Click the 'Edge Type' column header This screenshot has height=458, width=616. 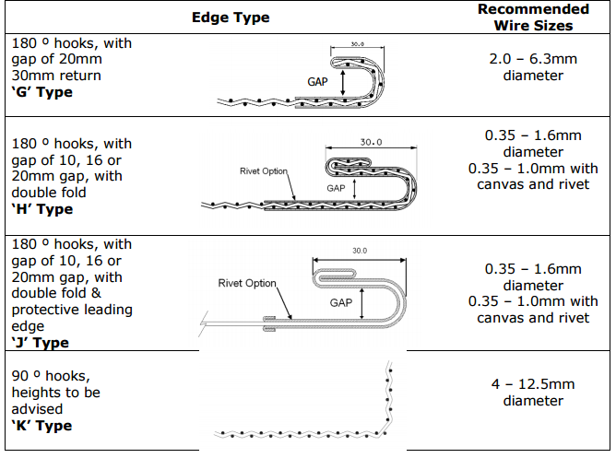pyautogui.click(x=231, y=18)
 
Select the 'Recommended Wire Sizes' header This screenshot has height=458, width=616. pyautogui.click(x=533, y=18)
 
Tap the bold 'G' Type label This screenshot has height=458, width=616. pyautogui.click(x=42, y=92)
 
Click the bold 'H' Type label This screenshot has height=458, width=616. pyautogui.click(x=42, y=209)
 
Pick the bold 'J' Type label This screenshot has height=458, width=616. pyautogui.click(x=40, y=343)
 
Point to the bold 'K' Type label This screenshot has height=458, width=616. pyautogui.click(x=41, y=426)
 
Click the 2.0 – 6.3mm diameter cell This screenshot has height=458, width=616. pyautogui.click(x=533, y=67)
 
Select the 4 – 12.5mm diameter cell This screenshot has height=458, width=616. pyautogui.click(x=533, y=392)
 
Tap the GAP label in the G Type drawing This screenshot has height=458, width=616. pyautogui.click(x=317, y=82)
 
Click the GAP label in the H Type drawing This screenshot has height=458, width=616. pyautogui.click(x=336, y=188)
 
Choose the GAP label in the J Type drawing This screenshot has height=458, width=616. pyautogui.click(x=341, y=302)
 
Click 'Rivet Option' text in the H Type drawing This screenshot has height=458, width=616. pyautogui.click(x=264, y=171)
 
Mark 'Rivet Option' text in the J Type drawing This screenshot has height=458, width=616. pyautogui.click(x=247, y=283)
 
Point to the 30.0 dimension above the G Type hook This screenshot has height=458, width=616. pyautogui.click(x=357, y=44)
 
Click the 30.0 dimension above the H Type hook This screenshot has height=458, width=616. pyautogui.click(x=371, y=142)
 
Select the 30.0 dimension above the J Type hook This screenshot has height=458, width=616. pyautogui.click(x=360, y=251)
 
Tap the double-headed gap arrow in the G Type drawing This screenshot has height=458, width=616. pyautogui.click(x=342, y=82)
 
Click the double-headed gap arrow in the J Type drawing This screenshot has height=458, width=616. pyautogui.click(x=361, y=303)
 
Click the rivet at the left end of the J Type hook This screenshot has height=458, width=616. pyautogui.click(x=269, y=323)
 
